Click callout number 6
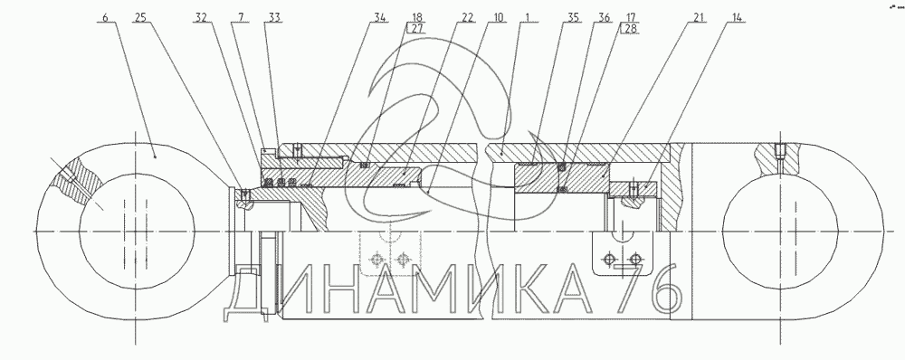point(105,17)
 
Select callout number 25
point(140,17)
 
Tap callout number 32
point(201,17)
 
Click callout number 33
point(274,17)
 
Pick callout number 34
point(379,17)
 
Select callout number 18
point(417,17)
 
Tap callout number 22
point(467,17)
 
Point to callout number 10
point(498,17)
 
